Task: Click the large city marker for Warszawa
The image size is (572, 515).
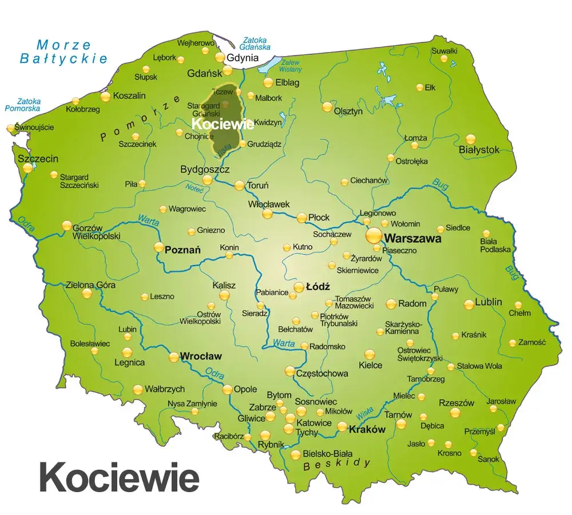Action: point(374,235)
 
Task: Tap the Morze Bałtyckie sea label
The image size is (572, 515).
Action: point(63,51)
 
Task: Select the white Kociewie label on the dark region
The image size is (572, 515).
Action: point(223,124)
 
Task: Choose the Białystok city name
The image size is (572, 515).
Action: point(479,150)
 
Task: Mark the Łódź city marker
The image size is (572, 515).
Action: point(299,287)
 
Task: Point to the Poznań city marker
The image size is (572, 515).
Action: point(159,247)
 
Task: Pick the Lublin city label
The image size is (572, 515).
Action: point(487,302)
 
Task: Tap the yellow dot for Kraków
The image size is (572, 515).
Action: point(342,426)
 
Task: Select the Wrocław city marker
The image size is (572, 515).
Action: point(174,357)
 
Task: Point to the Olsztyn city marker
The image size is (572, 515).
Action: point(327,106)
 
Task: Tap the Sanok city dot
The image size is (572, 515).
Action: point(474,453)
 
